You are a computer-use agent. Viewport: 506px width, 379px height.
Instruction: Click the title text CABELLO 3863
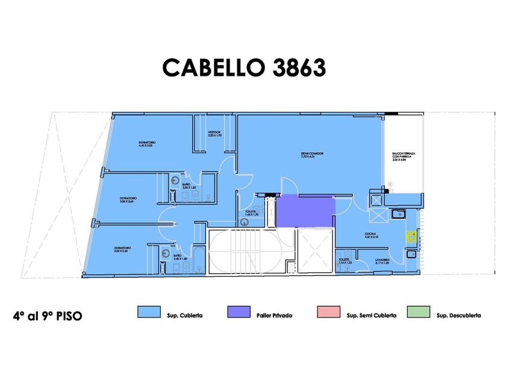[x=244, y=68]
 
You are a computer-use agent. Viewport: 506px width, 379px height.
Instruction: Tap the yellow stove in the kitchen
[x=412, y=236]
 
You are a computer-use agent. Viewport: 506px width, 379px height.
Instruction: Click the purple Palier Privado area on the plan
[x=305, y=211]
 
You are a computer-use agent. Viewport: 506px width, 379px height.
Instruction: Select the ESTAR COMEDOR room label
[x=313, y=155]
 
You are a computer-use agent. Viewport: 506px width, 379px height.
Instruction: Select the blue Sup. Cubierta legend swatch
[x=149, y=312]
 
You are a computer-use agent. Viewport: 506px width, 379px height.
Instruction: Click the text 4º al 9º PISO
[x=47, y=315]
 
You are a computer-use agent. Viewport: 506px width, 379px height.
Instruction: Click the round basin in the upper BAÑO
[x=174, y=179]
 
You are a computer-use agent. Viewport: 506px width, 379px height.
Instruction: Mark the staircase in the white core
[x=243, y=250]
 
